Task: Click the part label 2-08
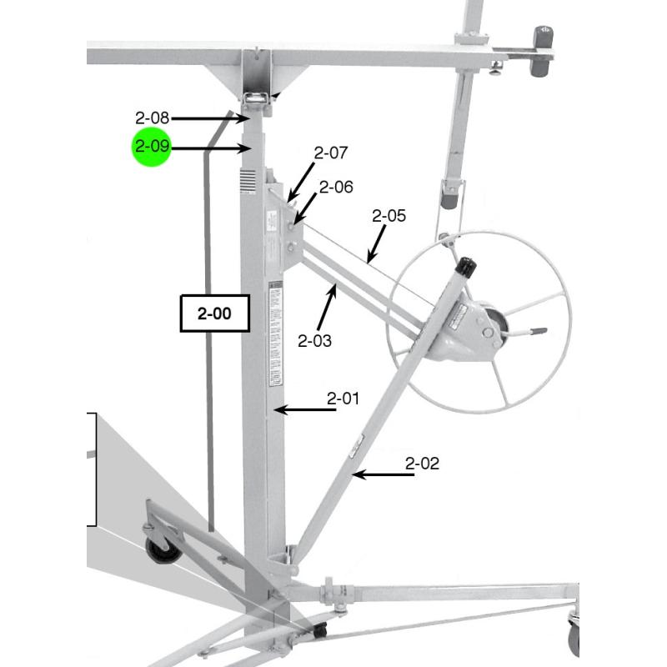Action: pos(153,118)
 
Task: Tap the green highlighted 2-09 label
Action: pos(152,148)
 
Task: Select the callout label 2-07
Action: pos(330,153)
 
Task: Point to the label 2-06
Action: pos(336,188)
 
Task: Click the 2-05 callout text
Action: pos(389,216)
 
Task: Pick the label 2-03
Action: pos(314,340)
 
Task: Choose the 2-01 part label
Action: pos(343,399)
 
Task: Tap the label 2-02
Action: pos(422,464)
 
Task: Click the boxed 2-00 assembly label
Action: pos(216,314)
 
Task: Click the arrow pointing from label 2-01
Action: pos(304,409)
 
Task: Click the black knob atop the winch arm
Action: pos(467,267)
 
